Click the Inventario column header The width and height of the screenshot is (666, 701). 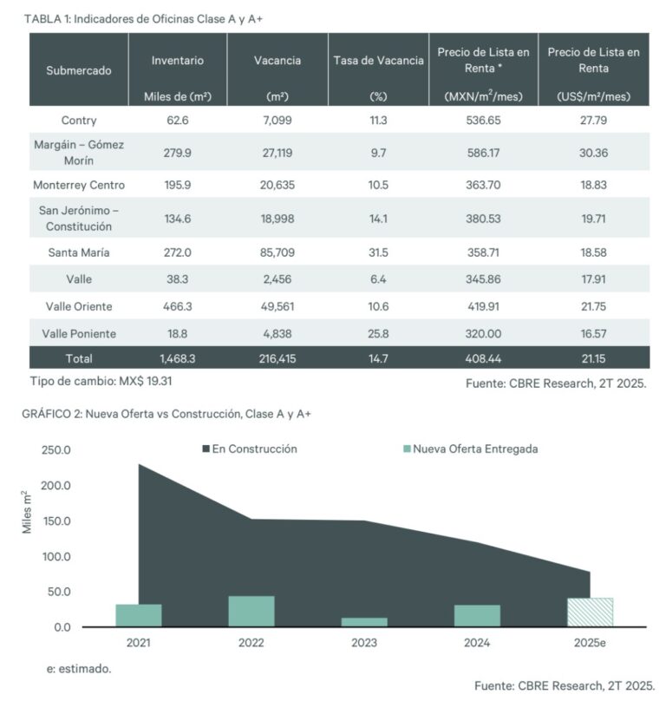(178, 61)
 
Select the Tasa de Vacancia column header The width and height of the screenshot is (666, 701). (378, 61)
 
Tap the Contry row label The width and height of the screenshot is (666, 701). (79, 120)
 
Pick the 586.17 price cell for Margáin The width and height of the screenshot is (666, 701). (482, 152)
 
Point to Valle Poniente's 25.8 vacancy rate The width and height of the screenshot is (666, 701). (378, 333)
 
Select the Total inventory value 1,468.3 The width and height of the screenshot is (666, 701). (178, 357)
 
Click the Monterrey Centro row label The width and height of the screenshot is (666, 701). (79, 186)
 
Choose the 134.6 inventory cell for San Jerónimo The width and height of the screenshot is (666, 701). (178, 219)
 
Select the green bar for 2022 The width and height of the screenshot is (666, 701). (251, 611)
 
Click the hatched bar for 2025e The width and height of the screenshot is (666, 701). (590, 612)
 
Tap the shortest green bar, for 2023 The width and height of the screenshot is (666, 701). (364, 621)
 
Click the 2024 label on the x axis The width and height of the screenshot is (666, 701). (477, 643)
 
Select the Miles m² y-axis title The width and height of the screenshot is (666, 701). (27, 513)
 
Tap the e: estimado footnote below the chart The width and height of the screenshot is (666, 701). (79, 669)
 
